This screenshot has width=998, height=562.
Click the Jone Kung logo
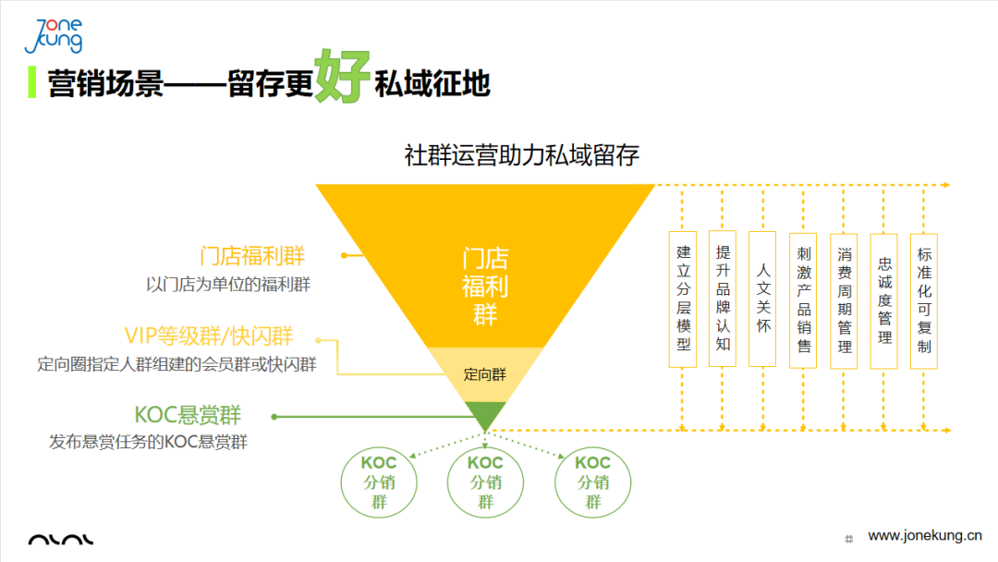(x=55, y=34)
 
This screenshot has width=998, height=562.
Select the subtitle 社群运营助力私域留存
(x=522, y=153)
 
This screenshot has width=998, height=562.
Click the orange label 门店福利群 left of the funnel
(x=252, y=255)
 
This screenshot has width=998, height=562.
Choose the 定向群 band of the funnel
(x=485, y=374)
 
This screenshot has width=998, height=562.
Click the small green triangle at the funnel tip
(x=485, y=414)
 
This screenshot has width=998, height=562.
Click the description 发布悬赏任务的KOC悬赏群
(x=149, y=442)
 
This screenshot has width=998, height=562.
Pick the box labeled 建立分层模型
(x=683, y=299)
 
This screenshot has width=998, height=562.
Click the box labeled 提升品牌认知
(x=723, y=299)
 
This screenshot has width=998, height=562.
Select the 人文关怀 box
(x=763, y=299)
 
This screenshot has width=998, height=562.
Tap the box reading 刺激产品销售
(x=804, y=299)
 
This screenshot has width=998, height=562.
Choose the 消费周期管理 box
(x=845, y=299)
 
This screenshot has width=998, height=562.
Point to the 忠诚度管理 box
(x=884, y=299)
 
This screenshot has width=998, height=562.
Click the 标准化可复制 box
(x=924, y=299)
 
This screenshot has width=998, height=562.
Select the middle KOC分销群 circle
(x=485, y=482)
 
